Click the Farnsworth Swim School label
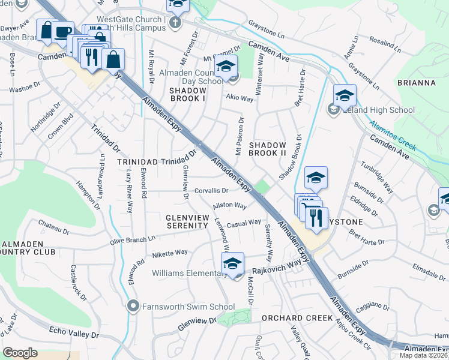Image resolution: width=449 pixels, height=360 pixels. click(188, 307)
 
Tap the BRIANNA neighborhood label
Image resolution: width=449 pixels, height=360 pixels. click(416, 83)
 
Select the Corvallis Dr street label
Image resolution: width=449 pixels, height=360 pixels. click(212, 191)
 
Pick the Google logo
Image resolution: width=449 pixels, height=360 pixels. click(20, 352)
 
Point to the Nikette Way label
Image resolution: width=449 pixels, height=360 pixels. click(169, 253)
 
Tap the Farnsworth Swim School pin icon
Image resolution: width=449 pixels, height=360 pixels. click(134, 307)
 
